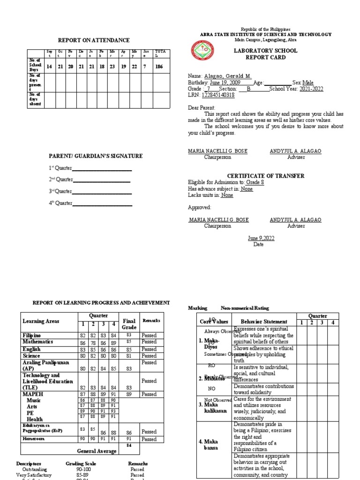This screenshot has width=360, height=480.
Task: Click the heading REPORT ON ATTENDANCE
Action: (x=93, y=40)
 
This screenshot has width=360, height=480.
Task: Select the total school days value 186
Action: (x=159, y=67)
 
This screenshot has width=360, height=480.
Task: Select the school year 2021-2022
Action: (x=311, y=88)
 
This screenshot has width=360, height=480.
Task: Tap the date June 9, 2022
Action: (x=261, y=238)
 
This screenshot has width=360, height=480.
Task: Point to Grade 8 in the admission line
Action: (x=255, y=182)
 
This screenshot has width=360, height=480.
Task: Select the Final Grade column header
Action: (x=129, y=324)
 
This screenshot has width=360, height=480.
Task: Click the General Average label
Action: (x=97, y=451)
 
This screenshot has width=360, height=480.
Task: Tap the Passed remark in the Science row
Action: (x=149, y=356)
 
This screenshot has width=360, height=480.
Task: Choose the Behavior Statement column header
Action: (x=264, y=322)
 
